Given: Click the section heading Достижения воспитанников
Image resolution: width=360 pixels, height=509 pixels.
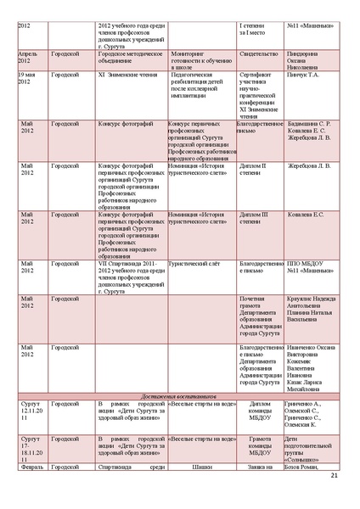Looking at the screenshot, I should coord(180,395).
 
